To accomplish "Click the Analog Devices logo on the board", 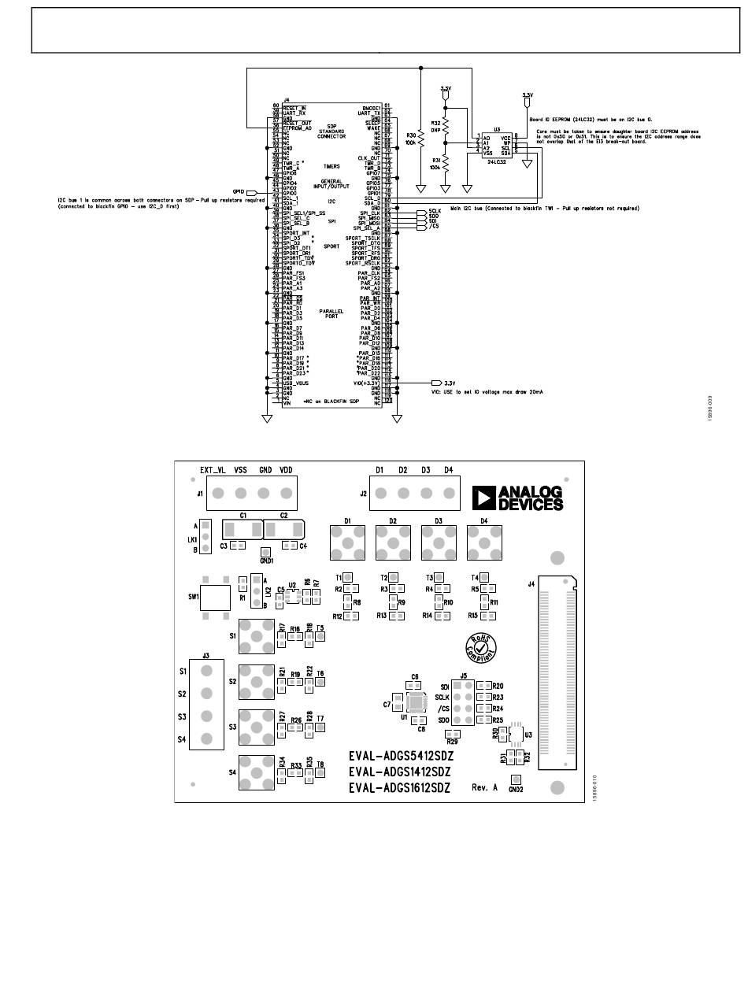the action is pos(517,498).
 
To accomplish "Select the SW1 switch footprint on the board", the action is pos(213,598).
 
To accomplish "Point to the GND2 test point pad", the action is pos(515,778).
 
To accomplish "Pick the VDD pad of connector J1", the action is pos(286,494).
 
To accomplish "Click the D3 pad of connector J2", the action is pos(426,494).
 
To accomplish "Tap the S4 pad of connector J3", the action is pos(206,738).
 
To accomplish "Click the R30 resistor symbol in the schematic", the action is pos(421,139).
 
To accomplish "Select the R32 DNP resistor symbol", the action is pos(446,125).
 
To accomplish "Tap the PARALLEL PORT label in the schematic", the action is pos(331,313).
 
